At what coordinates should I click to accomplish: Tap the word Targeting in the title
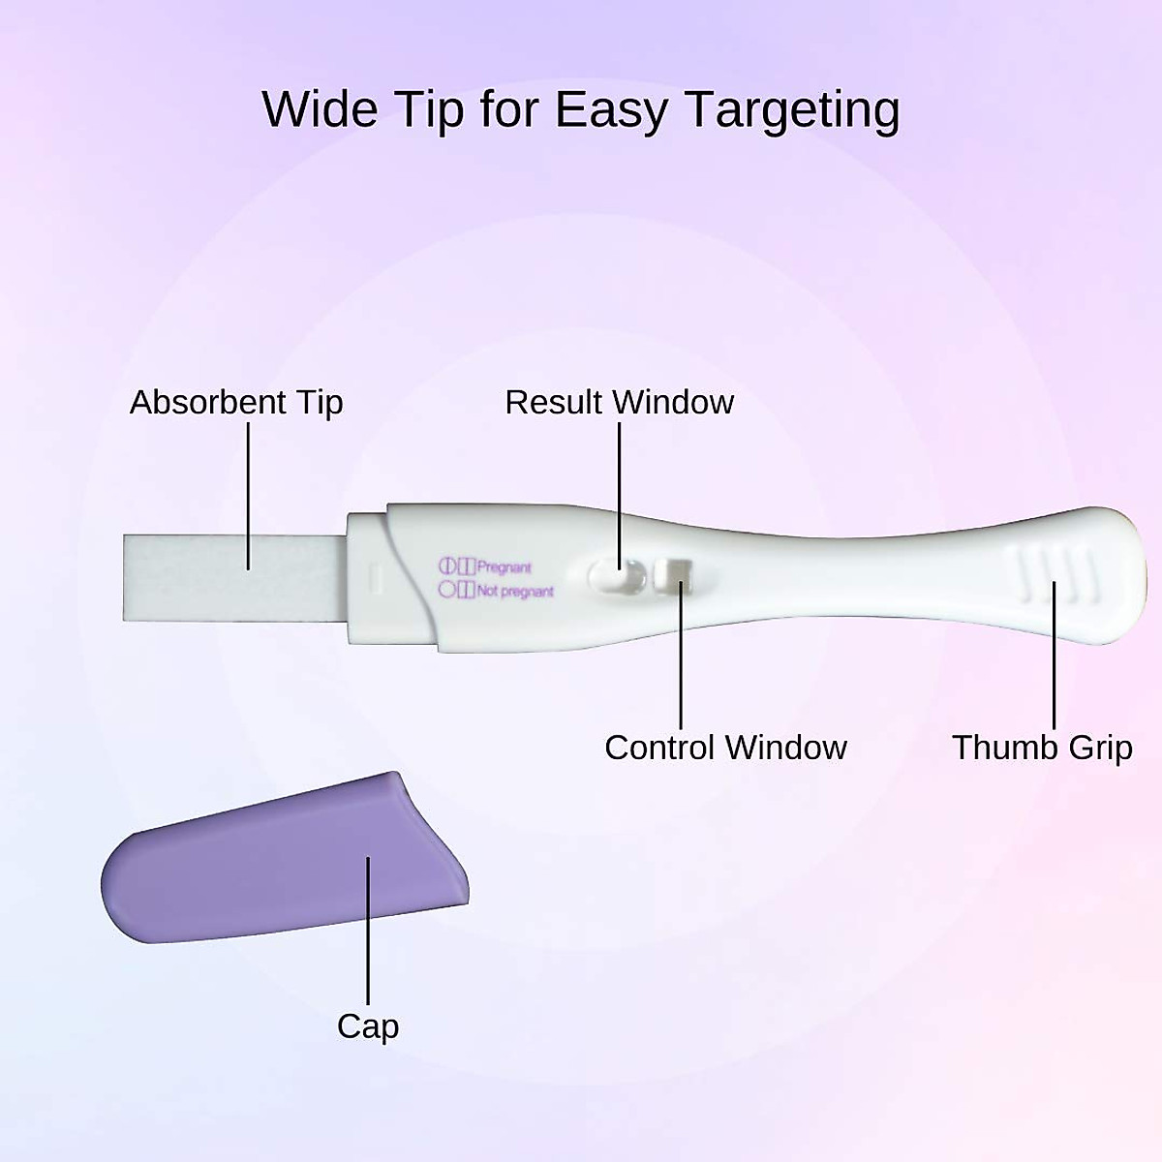[793, 110]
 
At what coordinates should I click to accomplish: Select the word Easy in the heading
[611, 110]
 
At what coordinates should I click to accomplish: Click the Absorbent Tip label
[236, 402]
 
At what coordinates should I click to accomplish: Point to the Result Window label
[619, 402]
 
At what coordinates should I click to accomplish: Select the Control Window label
[725, 748]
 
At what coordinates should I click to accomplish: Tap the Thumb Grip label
[1042, 748]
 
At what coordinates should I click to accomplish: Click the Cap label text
[368, 1026]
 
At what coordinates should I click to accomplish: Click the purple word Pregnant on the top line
[505, 567]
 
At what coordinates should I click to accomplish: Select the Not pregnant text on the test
[515, 591]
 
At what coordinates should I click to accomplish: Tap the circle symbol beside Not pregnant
[446, 589]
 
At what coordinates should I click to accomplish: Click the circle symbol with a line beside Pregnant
[447, 566]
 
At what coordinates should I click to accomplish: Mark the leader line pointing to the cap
[368, 930]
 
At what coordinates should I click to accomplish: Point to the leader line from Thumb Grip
[1055, 658]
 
